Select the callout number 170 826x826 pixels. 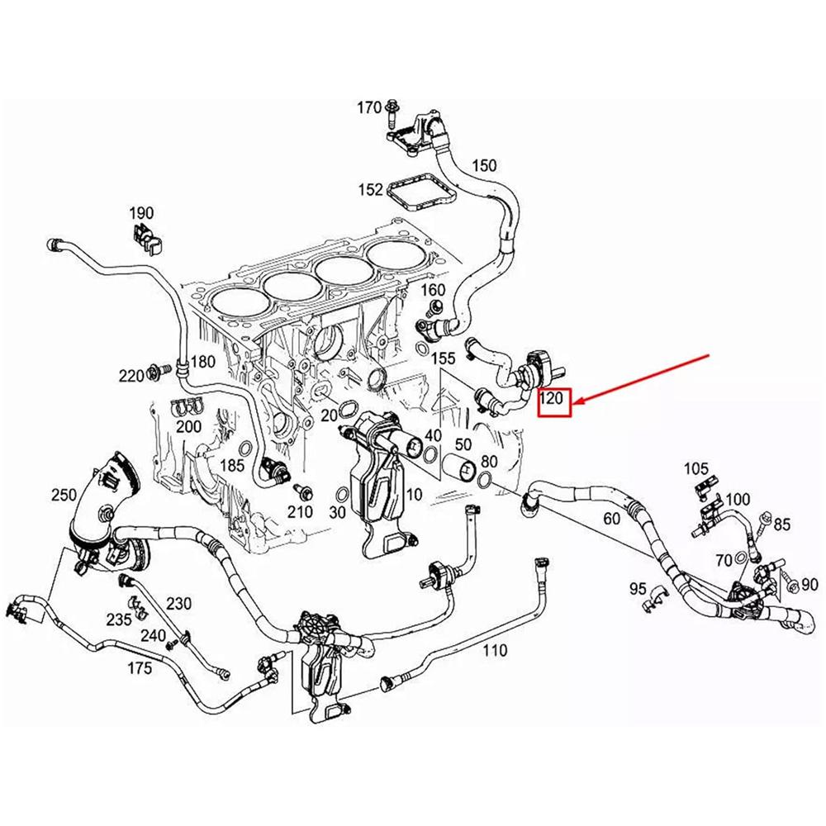click(369, 107)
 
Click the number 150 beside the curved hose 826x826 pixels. click(484, 165)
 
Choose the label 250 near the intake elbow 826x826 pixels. click(63, 495)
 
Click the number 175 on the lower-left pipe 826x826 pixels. click(139, 667)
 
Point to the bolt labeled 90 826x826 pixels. click(791, 585)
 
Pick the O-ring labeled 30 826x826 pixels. click(340, 496)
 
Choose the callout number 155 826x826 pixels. click(444, 358)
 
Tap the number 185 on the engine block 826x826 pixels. click(232, 465)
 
